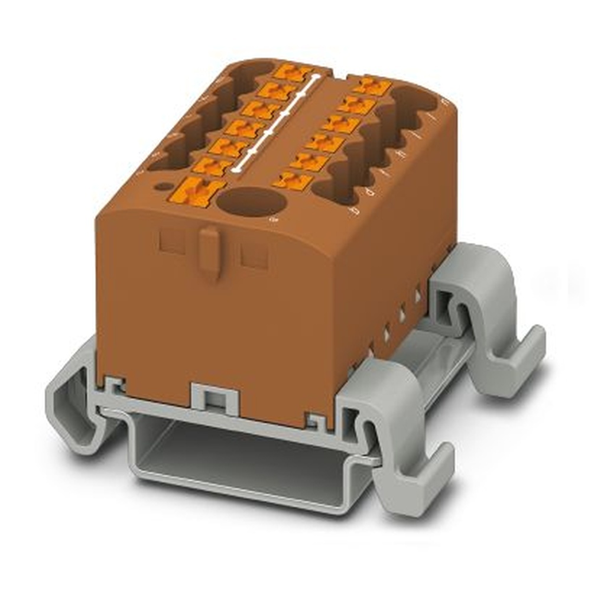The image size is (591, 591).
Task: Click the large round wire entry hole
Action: coord(251,202)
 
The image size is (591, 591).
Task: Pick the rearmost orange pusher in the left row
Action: coord(294,73)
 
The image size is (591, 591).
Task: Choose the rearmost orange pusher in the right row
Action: coord(372,87)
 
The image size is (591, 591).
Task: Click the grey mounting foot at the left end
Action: coord(71,402)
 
